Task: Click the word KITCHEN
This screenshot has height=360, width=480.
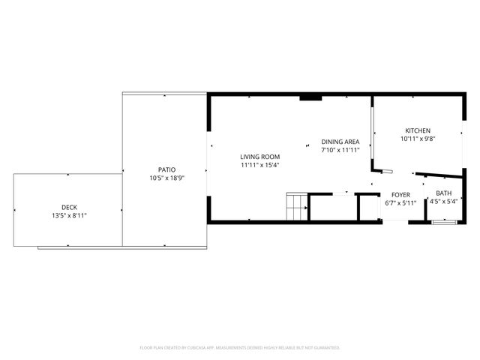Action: point(418,130)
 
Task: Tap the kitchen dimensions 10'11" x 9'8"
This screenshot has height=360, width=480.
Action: point(418,138)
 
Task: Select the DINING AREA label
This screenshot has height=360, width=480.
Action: point(340,142)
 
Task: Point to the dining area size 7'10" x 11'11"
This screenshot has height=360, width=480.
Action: point(340,150)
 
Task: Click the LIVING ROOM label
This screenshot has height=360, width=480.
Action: point(259,156)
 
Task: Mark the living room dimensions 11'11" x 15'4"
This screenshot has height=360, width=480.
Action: point(259,164)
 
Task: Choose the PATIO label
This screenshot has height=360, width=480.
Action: point(166,169)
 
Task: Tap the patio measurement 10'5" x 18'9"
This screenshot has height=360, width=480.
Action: point(166,178)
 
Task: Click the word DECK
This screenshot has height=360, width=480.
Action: point(69,208)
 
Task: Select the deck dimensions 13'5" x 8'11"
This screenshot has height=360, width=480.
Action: point(69,216)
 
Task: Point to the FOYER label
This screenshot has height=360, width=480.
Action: point(400,194)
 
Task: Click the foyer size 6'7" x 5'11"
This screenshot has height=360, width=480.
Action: point(400,202)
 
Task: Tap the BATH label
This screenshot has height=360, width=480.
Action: point(444,193)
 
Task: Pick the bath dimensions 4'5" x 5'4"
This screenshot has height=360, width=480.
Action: point(444,201)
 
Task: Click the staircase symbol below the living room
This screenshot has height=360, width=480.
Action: point(296,206)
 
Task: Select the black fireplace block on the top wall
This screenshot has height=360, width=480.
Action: point(310,97)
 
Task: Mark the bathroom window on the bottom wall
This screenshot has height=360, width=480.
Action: point(444,221)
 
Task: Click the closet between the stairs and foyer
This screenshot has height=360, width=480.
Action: point(332,207)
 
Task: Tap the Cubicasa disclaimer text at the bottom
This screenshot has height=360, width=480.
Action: point(240,347)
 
